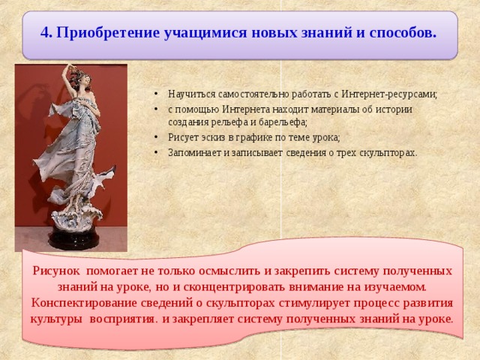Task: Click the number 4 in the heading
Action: [44, 34]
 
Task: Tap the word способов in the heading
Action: [400, 34]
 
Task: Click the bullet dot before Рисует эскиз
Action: [154, 137]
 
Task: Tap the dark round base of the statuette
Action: [75, 238]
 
